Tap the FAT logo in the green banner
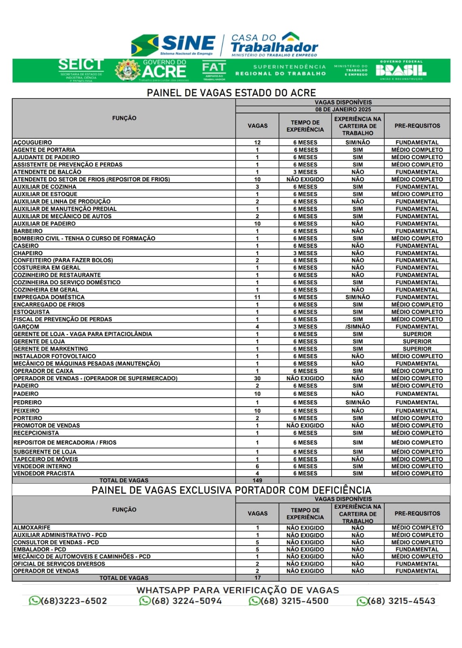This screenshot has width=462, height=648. tap(214, 70)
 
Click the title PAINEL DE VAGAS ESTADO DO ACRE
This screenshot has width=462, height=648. tap(231, 93)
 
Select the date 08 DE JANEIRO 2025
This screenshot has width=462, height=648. tap(343, 109)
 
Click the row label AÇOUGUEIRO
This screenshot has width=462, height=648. tap(33, 143)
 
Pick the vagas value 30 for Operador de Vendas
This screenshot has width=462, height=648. tap(257, 378)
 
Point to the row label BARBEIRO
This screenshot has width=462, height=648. tap(28, 231)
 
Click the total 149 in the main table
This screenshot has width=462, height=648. tap(257, 480)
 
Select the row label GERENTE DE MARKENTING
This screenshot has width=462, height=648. tap(51, 349)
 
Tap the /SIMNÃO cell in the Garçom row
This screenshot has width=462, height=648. tap(357, 326)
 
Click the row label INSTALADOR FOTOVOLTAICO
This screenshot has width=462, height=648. tap(55, 356)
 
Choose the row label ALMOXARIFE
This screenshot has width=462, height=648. tap(32, 528)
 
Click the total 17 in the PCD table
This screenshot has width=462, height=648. tap(257, 578)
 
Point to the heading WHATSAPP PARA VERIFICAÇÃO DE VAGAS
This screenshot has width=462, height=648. tap(237, 590)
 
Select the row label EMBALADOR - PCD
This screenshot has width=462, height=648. tap(40, 550)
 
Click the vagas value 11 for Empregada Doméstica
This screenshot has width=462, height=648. tap(257, 297)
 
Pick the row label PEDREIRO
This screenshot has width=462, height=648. tap(28, 403)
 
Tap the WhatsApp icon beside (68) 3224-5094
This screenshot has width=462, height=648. tap(145, 601)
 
